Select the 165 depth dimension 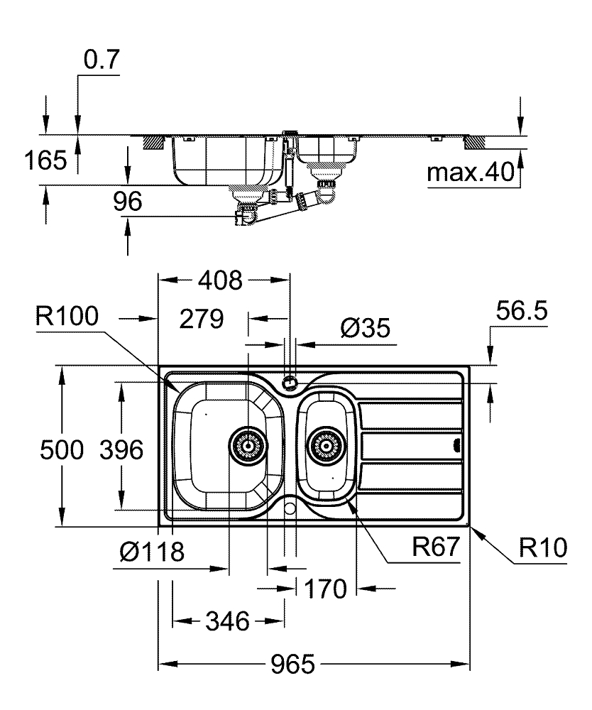tap(46, 160)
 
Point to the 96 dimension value tap(128, 202)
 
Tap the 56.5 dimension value tap(521, 312)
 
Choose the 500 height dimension tap(63, 449)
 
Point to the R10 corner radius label tap(542, 547)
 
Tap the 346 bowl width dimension tap(228, 623)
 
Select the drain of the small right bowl tap(326, 446)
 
